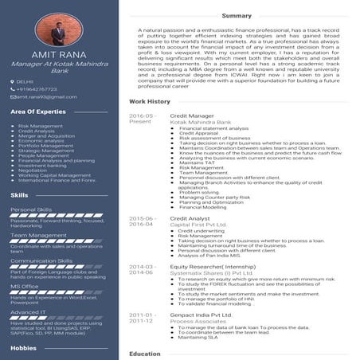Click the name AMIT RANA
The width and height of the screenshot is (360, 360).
[x=59, y=55]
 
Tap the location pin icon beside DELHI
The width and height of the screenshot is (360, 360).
[x=11, y=81]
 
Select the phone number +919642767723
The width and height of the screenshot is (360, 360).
[x=37, y=88]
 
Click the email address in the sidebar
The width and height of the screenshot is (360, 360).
[x=37, y=96]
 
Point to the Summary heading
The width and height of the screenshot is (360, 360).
[x=237, y=16]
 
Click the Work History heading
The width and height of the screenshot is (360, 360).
[x=150, y=102]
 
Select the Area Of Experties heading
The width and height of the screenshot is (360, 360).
[x=37, y=112]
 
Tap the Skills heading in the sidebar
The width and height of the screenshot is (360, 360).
[x=19, y=194]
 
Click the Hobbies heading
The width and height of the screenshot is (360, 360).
[x=24, y=348]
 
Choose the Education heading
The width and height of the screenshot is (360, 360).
[x=145, y=353]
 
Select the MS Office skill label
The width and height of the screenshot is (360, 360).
[x=24, y=286]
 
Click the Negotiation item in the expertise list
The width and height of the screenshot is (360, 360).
[x=33, y=170]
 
